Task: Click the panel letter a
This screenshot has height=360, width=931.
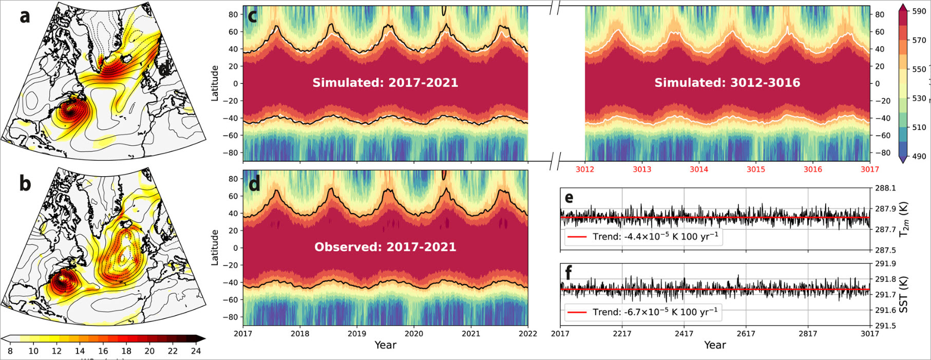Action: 25,16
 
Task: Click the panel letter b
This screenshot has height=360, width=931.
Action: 25,184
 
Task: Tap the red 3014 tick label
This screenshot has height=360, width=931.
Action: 698,169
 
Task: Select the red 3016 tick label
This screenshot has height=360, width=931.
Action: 812,169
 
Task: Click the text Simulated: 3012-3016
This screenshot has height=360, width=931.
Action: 727,83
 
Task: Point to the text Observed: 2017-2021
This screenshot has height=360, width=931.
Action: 385,247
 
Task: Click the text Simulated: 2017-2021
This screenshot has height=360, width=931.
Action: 385,83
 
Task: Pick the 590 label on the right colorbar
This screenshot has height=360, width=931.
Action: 919,11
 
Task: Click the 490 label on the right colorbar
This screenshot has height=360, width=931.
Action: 919,156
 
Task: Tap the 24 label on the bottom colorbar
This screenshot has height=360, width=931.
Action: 196,351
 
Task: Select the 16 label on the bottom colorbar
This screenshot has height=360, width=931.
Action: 103,351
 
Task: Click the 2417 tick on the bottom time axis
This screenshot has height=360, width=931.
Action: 684,334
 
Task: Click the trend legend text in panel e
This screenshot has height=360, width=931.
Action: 655,237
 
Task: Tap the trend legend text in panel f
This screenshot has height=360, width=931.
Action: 655,312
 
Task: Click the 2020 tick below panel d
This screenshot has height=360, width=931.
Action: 413,334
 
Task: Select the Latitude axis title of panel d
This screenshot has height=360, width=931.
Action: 215,247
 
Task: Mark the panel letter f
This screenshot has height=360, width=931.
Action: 568,273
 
